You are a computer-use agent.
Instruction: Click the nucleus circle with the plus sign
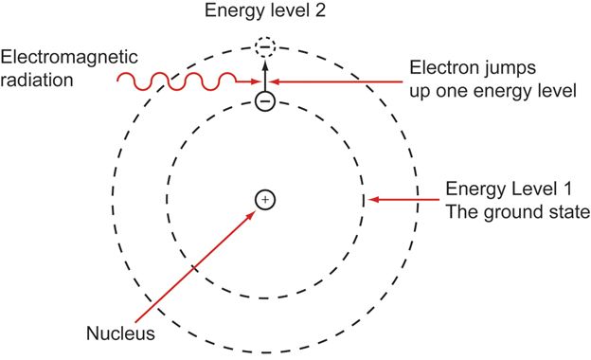tap(265, 200)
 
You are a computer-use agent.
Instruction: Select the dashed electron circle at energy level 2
tap(265, 45)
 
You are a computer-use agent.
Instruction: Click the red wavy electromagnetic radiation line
tap(180, 82)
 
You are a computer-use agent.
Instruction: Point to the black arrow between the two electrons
tap(265, 72)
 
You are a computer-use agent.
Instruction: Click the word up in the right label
tap(422, 92)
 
